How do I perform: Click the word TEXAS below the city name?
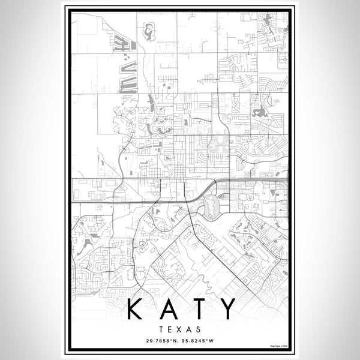click(180, 329)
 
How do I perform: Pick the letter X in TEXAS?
click(180, 329)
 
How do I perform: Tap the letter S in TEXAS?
click(199, 329)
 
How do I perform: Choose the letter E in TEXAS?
click(171, 329)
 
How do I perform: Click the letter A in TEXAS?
click(189, 329)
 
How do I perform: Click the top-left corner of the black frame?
click(66, 8)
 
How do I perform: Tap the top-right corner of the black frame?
click(295, 8)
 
